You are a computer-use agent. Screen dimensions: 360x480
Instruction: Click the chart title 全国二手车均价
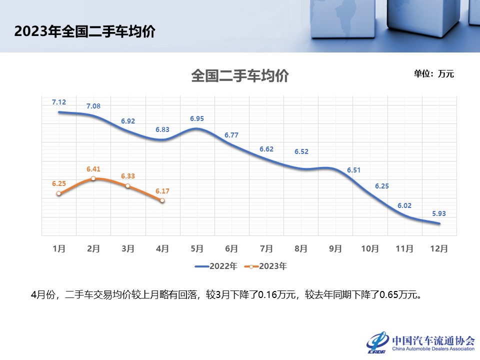point(240,76)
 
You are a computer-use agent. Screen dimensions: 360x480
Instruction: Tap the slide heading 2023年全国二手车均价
point(84,32)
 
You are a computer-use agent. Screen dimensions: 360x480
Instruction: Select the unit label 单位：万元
point(433,74)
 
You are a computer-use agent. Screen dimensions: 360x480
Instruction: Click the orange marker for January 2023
point(59,193)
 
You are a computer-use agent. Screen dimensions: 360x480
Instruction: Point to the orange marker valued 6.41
point(93,178)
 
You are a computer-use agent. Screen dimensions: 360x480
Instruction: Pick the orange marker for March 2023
point(127,186)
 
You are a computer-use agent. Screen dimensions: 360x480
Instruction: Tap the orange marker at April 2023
point(162,200)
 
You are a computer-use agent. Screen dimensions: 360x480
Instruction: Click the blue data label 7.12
point(59,102)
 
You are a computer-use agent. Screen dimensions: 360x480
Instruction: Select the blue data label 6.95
point(197,118)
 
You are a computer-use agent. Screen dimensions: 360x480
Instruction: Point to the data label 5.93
point(439,213)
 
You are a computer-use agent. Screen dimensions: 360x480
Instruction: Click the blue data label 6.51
point(354,170)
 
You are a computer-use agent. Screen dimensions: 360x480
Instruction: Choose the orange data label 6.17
point(162,190)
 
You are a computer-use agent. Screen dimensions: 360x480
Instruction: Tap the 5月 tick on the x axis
point(197,248)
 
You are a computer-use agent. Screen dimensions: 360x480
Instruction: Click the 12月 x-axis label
point(439,248)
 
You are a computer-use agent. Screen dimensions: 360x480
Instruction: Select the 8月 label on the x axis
point(300,248)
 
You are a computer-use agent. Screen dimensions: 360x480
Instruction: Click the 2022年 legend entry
point(216,266)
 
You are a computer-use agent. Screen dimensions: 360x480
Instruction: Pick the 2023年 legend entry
point(265,266)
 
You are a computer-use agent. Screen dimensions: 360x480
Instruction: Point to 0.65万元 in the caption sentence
point(398,294)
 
